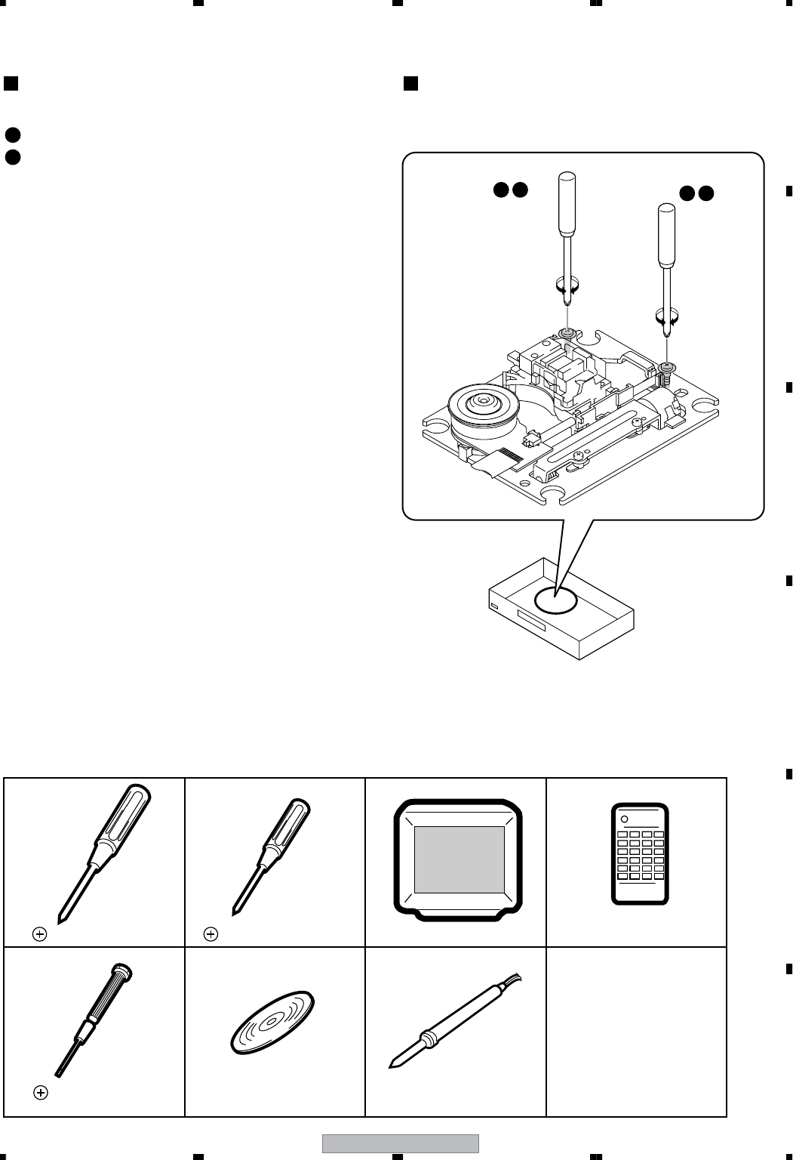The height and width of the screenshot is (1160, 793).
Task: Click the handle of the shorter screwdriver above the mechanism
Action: (666, 235)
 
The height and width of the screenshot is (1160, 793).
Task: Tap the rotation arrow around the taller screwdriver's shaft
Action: (567, 286)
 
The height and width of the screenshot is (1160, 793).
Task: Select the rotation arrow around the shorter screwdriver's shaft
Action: (667, 319)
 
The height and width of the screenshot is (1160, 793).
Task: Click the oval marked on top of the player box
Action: (555, 600)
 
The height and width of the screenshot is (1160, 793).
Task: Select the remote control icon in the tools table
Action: (639, 853)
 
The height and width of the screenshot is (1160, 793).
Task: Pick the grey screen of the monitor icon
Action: (459, 859)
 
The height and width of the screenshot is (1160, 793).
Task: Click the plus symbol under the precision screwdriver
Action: (41, 1092)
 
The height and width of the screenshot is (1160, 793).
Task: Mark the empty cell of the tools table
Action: (636, 1032)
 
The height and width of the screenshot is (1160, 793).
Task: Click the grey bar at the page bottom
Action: (401, 1143)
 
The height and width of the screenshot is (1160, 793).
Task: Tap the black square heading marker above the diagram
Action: (410, 83)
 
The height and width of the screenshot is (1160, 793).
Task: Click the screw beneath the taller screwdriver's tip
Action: (566, 332)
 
